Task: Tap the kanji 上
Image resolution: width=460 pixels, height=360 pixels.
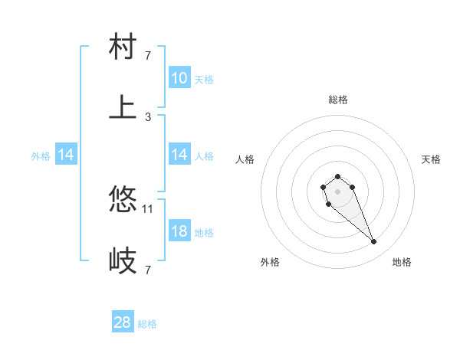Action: [x=123, y=107]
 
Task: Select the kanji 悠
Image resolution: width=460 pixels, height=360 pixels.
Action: [x=123, y=200]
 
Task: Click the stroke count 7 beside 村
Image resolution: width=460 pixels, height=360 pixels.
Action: [x=147, y=55]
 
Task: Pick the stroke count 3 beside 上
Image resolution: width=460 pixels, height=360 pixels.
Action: [x=147, y=116]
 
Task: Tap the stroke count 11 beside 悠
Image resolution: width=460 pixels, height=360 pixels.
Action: [x=148, y=208]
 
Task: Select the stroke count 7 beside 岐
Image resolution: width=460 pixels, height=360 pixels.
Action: [x=147, y=270]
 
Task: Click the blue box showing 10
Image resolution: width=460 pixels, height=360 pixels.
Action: [x=179, y=78]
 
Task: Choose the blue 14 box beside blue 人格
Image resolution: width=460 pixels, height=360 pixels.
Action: [x=179, y=155]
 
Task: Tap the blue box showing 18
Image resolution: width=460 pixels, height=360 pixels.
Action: [x=179, y=231]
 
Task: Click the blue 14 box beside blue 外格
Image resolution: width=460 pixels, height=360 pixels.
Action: [x=66, y=155]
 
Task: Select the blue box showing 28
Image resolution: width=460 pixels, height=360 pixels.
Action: [x=123, y=322]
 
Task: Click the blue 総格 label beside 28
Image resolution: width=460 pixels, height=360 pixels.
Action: [x=147, y=324]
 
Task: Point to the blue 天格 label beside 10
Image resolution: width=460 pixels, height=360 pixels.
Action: [x=204, y=79]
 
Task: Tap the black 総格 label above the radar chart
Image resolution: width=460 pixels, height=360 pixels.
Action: [x=338, y=100]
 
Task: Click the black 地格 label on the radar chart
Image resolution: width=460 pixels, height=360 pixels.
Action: [x=402, y=262]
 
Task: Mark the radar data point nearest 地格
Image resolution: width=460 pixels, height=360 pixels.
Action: [x=374, y=242]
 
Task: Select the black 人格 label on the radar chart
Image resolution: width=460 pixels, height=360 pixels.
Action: [x=245, y=159]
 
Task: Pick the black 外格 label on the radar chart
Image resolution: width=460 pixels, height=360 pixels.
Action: [x=270, y=262]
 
